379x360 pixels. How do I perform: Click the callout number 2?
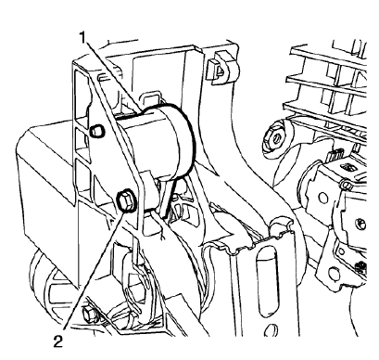[x=58, y=341]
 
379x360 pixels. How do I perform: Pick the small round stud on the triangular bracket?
[x=95, y=132]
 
